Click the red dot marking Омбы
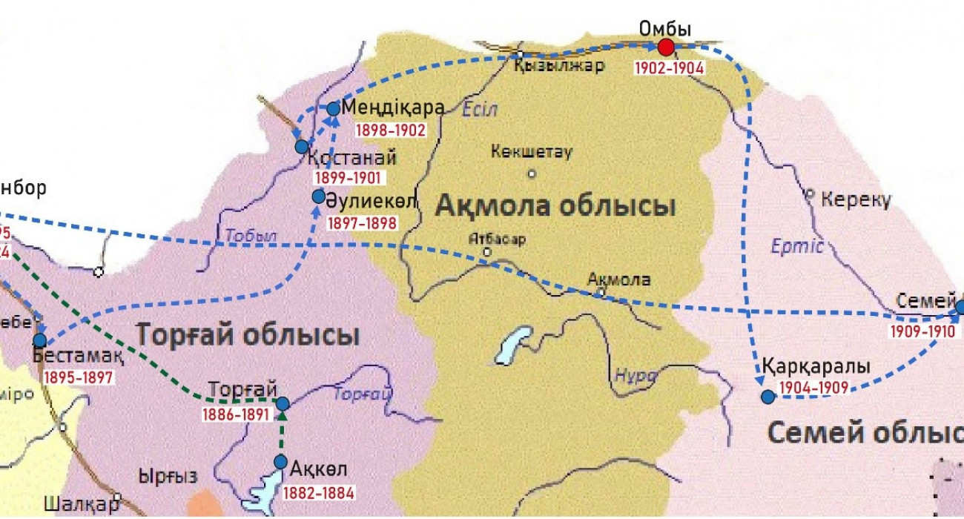click(x=666, y=47)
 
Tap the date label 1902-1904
click(x=669, y=67)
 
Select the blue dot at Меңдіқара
click(x=333, y=109)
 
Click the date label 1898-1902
click(x=391, y=130)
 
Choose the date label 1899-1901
click(x=347, y=178)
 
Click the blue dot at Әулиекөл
click(x=319, y=196)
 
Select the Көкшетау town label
click(x=531, y=152)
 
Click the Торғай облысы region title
click(x=247, y=335)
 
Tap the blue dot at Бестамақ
click(x=40, y=340)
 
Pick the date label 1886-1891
click(x=235, y=414)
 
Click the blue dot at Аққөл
click(x=280, y=462)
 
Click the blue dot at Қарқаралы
click(x=767, y=397)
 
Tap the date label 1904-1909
click(x=813, y=387)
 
